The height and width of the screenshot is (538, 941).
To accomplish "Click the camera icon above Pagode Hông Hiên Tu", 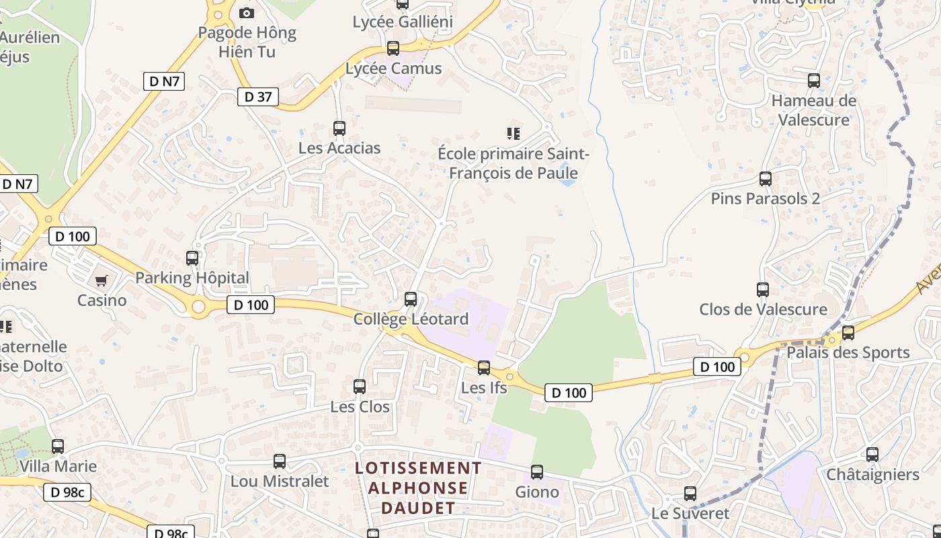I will coord(247,13).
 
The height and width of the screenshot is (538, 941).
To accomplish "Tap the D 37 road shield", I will coord(258,97).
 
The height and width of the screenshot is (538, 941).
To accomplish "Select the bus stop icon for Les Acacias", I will coord(339,128).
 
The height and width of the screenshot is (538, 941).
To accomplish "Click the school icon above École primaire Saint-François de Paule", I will coord(514,134).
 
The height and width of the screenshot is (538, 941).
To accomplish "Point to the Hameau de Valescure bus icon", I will coord(814,81).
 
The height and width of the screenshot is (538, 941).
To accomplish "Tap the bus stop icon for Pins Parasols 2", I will coord(765,179).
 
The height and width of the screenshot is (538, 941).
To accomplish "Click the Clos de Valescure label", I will coord(763,309).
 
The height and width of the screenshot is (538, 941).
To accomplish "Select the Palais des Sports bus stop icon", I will coord(848,332).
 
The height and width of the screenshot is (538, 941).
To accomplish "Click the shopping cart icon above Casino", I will coord(101,280).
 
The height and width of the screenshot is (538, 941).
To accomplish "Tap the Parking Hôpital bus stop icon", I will coord(192,258).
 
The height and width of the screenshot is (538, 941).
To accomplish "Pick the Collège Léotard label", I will coord(411,319).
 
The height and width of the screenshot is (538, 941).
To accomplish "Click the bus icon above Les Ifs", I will coord(484,368).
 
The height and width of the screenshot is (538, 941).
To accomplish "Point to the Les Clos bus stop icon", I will coord(360,387).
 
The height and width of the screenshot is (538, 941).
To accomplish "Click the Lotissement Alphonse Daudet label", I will coord(418,488).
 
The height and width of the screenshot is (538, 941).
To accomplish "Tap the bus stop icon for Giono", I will coord(536,472).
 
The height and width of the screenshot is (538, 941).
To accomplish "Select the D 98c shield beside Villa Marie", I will coord(67,492).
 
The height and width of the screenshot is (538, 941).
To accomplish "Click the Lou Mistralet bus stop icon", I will coord(280,461).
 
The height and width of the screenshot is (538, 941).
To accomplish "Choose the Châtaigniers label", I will coord(872,475).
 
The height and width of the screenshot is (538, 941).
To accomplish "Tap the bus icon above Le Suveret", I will coord(690,494).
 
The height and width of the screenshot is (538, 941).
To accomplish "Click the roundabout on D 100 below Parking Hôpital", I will coord(198,308).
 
